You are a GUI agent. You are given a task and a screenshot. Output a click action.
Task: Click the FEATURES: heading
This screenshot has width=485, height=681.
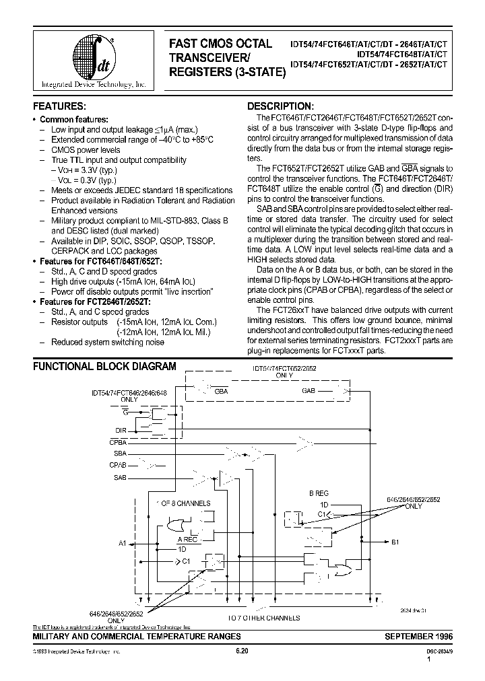60,106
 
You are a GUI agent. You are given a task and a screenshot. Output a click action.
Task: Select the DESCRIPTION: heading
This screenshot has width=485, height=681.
280,106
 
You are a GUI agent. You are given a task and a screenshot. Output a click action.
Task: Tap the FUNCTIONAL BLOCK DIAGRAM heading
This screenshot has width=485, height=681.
104,367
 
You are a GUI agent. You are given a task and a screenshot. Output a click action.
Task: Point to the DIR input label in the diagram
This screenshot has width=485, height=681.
120,429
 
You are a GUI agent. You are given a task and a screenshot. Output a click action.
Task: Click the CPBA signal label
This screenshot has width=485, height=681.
117,441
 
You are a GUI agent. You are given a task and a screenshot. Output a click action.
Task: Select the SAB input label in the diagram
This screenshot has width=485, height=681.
119,477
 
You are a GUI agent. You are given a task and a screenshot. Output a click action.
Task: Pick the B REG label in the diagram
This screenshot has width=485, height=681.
318,493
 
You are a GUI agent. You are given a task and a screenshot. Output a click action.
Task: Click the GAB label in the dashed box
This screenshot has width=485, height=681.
309,390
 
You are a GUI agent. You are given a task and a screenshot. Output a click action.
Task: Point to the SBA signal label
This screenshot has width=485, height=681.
119,454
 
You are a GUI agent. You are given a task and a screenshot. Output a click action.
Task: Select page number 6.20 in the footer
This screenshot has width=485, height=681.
243,651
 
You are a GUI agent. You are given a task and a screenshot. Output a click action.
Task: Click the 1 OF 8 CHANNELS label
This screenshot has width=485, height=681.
184,503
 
